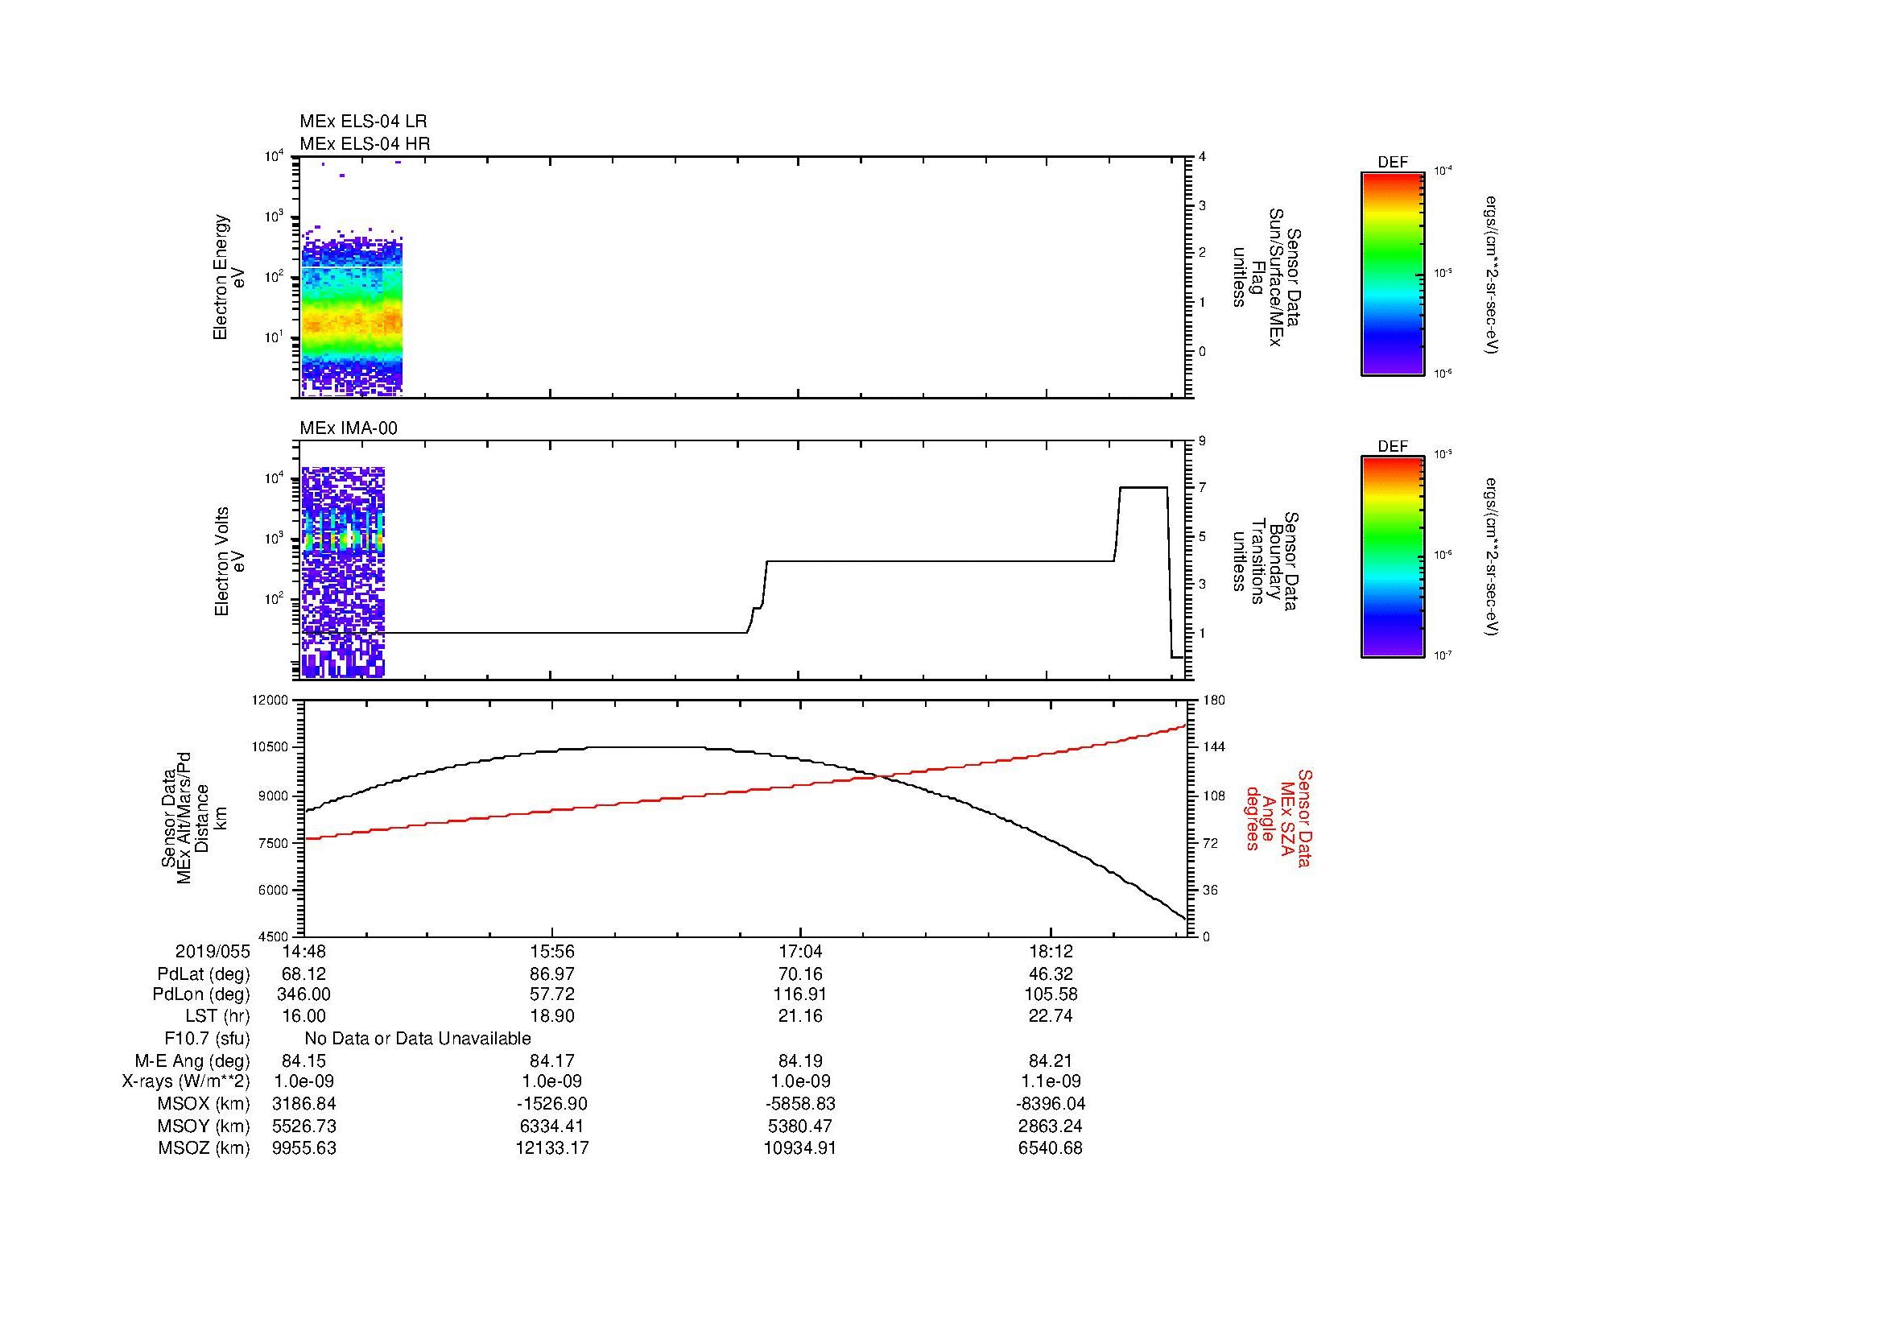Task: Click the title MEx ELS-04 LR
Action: [x=362, y=122]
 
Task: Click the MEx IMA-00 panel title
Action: [x=348, y=428]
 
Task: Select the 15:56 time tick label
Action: [x=552, y=952]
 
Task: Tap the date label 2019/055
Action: [x=212, y=952]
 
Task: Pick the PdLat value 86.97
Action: [x=552, y=974]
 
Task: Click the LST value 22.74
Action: [x=1050, y=1016]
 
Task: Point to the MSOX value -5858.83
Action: [x=799, y=1104]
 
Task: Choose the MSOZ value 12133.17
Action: [x=552, y=1148]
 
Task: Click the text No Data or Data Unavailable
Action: [x=418, y=1039]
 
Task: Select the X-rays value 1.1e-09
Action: [x=1050, y=1081]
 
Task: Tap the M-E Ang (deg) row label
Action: [x=192, y=1060]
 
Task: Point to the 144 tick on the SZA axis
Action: [x=1214, y=747]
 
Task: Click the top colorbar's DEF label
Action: [x=1392, y=163]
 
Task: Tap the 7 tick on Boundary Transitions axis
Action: [x=1202, y=488]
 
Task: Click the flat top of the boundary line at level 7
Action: [x=1143, y=488]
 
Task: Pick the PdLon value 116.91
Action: [x=799, y=994]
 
